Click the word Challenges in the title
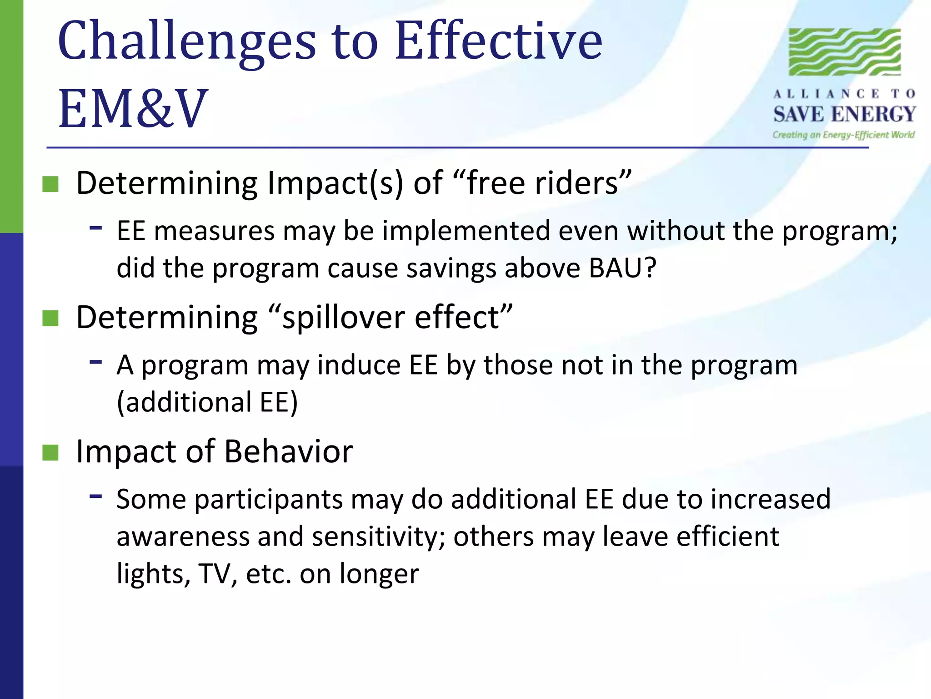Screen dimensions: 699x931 point(186,42)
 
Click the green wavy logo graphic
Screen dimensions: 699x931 point(845,52)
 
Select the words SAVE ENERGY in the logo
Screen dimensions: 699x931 point(845,114)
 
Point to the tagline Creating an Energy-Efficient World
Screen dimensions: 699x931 point(843,135)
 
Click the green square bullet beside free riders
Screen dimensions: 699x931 point(50,184)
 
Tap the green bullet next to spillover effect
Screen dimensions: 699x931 point(50,319)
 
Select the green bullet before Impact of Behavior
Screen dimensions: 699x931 point(50,453)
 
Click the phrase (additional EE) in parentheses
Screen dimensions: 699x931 point(207,402)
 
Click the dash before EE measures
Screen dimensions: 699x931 point(95,227)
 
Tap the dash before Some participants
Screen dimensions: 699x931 point(95,496)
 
